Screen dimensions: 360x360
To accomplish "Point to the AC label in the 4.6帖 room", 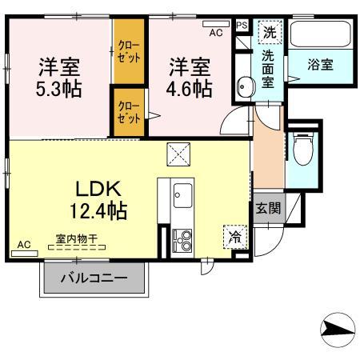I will tap(214, 33).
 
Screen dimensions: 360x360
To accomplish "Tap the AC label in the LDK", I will tap(23, 245).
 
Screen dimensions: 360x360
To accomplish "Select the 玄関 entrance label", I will tap(268, 209).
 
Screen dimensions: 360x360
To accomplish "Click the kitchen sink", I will tap(183, 194).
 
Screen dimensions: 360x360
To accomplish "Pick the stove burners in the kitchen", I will tap(183, 238).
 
